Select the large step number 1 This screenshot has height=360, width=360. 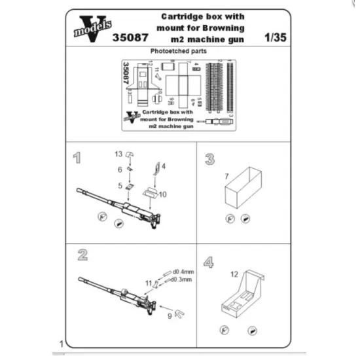(77, 158)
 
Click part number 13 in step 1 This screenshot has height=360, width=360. (118, 154)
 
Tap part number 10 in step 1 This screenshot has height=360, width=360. (163, 194)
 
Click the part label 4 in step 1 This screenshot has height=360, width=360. (164, 166)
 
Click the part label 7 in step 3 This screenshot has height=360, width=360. (226, 177)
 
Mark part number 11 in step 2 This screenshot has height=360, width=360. (148, 282)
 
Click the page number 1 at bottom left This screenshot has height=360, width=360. (61, 344)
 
